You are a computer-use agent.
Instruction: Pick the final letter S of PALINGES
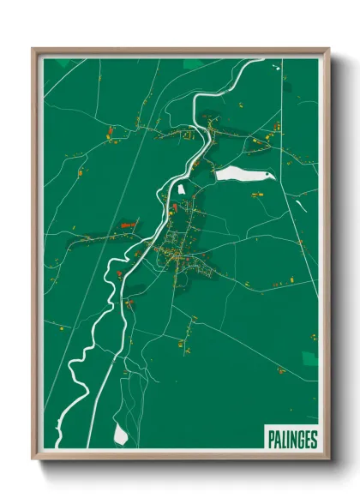point(315,439)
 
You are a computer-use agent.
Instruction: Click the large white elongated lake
point(240,174)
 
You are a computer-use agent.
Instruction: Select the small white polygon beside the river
point(181,188)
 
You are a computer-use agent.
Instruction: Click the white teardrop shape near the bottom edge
point(121,435)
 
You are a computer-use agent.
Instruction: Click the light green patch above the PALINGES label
point(309,358)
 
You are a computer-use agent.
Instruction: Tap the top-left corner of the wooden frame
point(33,49)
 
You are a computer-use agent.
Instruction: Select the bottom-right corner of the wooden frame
point(329,461)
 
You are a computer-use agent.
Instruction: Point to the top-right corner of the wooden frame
point(329,49)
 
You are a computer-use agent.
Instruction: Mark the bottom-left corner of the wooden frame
point(33,461)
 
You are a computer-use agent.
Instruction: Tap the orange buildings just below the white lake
point(256,195)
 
